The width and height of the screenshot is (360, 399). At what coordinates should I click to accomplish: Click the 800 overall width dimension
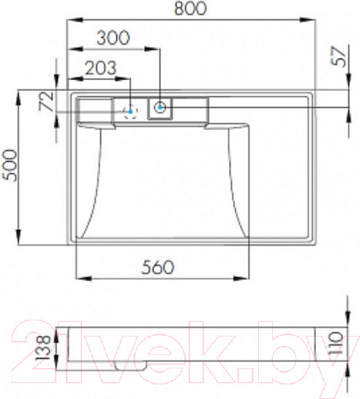click(x=191, y=11)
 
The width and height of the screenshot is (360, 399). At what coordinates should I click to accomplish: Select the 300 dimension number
click(x=114, y=38)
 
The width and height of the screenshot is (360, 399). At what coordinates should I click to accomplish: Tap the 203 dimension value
click(x=100, y=68)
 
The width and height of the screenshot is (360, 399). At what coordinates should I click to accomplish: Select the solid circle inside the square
click(x=160, y=109)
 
